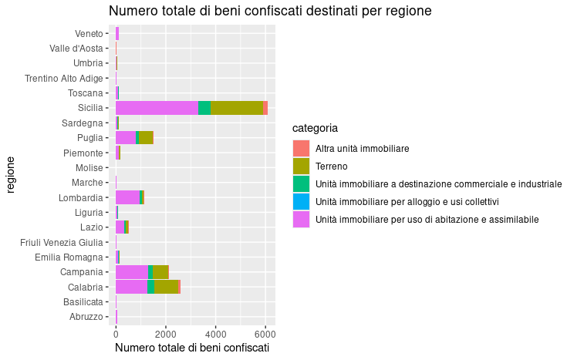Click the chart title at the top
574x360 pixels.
[269, 11]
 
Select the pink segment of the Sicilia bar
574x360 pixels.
[157, 108]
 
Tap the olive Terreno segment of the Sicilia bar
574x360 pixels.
[237, 108]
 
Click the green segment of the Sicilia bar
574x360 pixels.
[204, 108]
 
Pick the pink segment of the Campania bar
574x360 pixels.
[131, 271]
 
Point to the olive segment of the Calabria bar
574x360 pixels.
[166, 287]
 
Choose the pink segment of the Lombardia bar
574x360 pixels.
[127, 197]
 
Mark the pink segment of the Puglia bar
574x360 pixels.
[125, 137]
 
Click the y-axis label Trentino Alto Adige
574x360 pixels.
[63, 78]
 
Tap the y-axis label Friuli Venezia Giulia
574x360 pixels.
[61, 242]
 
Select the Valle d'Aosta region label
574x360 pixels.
[76, 49]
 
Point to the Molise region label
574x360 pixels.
[89, 167]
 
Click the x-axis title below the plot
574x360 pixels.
[191, 348]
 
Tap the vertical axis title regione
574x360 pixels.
[11, 174]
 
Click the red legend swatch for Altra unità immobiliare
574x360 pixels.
[301, 147]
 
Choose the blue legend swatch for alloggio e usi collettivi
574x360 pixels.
[301, 201]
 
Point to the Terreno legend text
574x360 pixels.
[332, 166]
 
